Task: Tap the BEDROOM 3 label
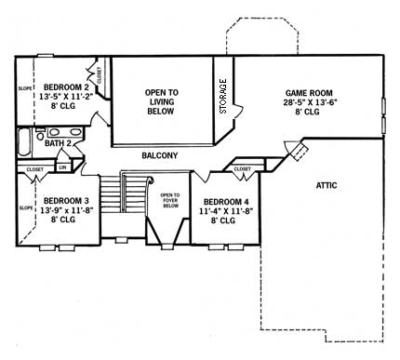tap(59, 201)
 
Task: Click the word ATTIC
tap(327, 185)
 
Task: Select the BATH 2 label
tap(59, 143)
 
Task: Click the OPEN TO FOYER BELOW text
tap(169, 200)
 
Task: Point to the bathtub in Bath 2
tap(23, 143)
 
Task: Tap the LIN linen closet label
tap(61, 168)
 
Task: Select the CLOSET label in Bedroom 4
tap(241, 168)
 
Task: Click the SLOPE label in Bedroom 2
tap(25, 89)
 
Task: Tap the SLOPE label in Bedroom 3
tap(25, 208)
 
